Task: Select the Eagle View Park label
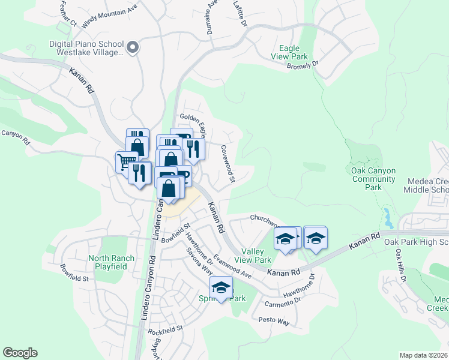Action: (294, 52)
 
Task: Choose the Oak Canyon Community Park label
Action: (373, 179)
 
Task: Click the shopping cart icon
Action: (125, 161)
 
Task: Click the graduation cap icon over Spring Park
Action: (221, 288)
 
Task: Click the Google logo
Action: (20, 353)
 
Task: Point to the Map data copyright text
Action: (424, 355)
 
